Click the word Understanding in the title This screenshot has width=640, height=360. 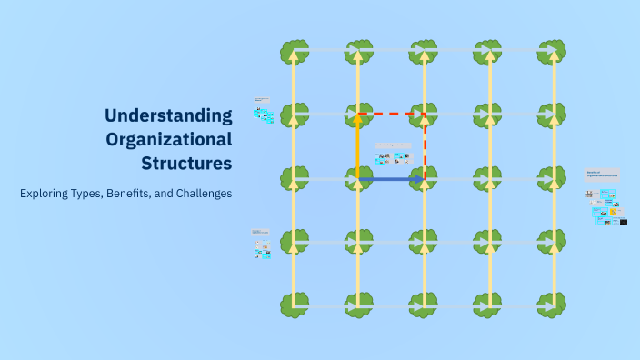click(168, 115)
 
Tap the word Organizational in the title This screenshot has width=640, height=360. click(168, 140)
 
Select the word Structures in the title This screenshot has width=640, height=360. click(186, 164)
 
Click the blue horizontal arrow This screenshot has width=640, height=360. click(391, 180)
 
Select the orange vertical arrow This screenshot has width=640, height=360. click(358, 145)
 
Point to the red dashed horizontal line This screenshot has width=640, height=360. click(391, 114)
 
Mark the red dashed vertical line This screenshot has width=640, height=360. click(425, 145)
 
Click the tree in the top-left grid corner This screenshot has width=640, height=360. click(294, 51)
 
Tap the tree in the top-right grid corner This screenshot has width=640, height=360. click(552, 51)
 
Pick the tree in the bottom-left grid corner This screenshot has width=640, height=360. click(294, 305)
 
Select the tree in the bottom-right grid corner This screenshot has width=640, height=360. click(552, 305)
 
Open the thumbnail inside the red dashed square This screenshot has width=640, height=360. click(392, 155)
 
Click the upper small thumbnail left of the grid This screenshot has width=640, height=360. click(263, 111)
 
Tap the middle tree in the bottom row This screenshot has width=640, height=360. click(424, 305)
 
